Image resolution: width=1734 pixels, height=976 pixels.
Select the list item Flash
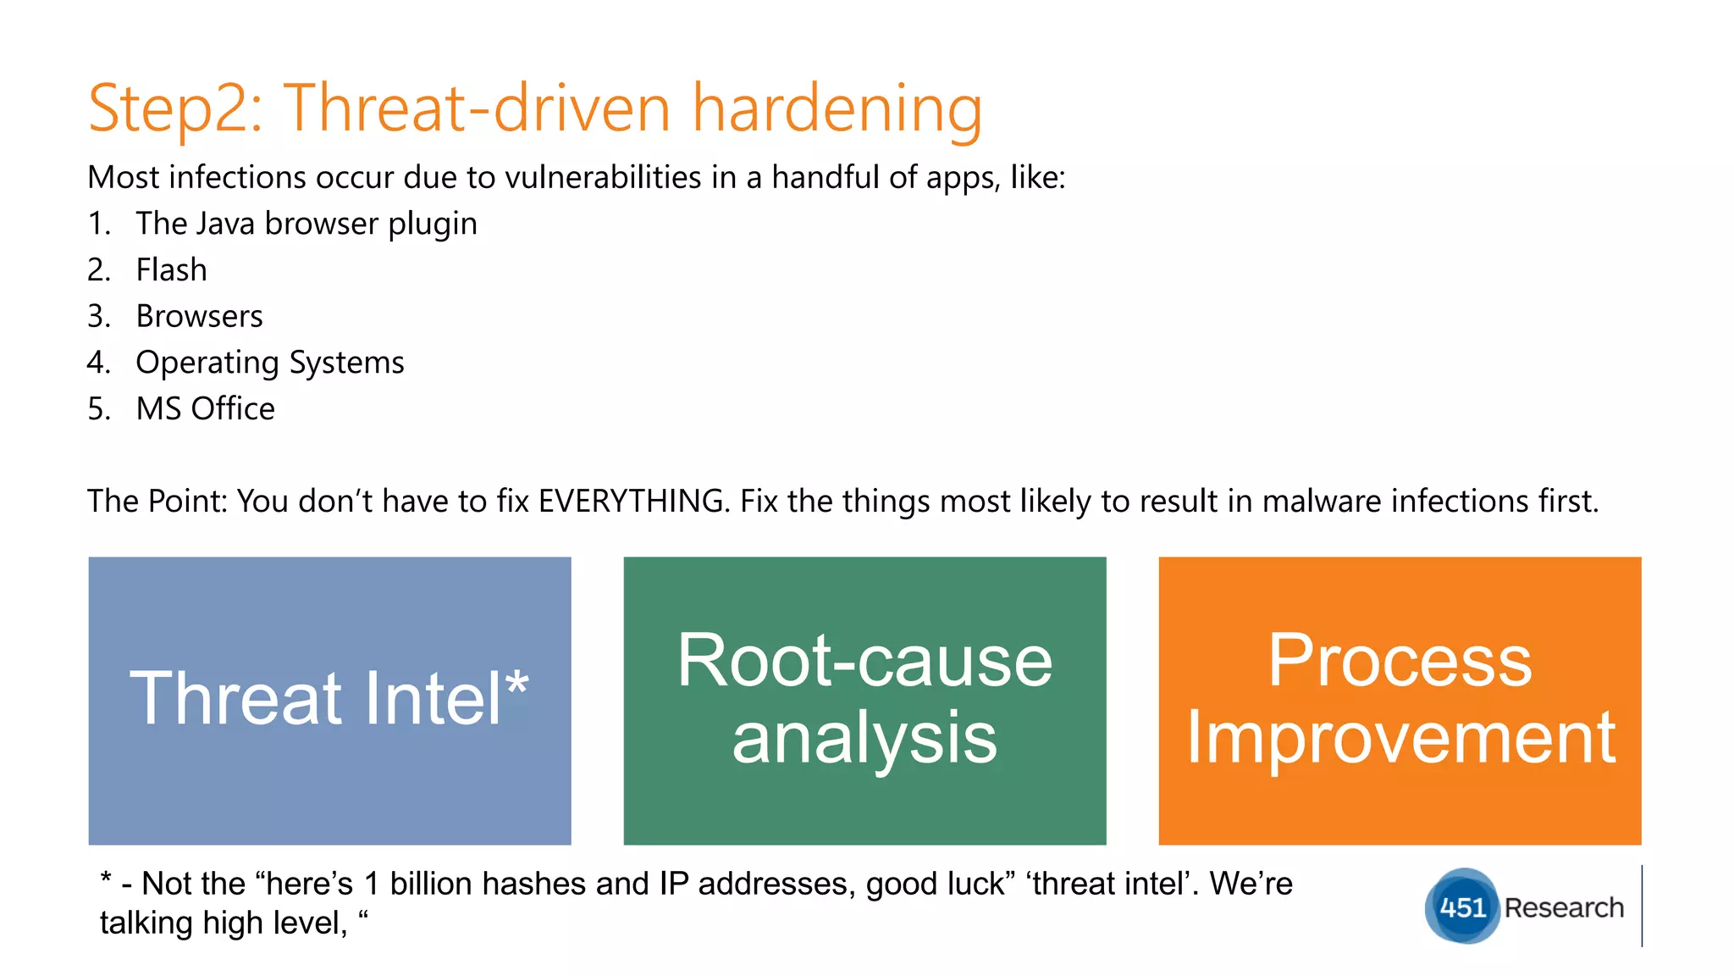pos(171,270)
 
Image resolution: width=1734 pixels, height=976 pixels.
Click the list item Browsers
pos(199,317)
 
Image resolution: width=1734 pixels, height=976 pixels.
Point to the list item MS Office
pos(205,409)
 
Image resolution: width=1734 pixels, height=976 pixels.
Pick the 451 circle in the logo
pos(1462,907)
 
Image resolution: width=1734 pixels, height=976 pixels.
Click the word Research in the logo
pos(1564,907)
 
